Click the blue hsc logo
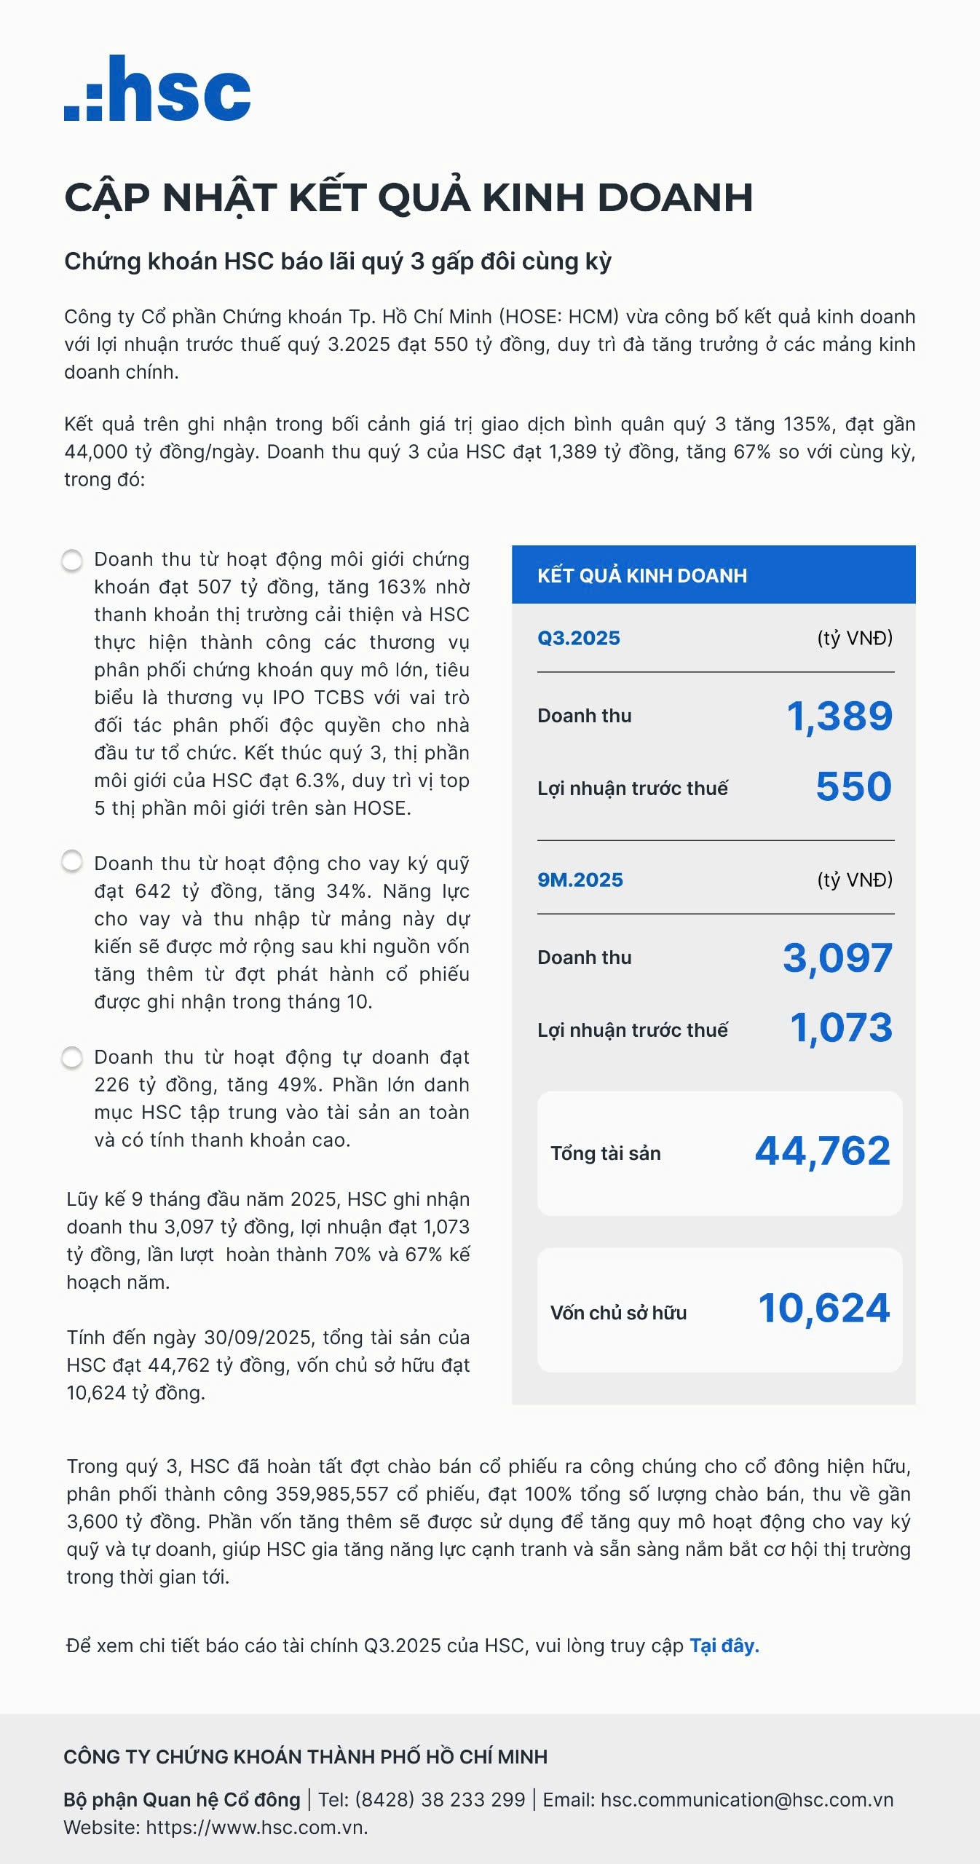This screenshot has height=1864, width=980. (x=157, y=89)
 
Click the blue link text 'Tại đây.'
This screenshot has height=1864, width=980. (x=724, y=1646)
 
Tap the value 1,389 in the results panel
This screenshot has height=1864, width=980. (x=839, y=716)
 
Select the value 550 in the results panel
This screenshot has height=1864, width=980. (x=853, y=786)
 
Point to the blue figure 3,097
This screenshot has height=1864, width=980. (x=837, y=957)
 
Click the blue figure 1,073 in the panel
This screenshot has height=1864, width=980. (x=841, y=1027)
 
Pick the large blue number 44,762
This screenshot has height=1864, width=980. (x=822, y=1151)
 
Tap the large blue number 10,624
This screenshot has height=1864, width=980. (x=823, y=1308)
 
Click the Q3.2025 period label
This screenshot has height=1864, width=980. (x=579, y=638)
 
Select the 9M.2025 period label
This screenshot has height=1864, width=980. (x=580, y=880)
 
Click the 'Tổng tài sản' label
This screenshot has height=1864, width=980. (x=605, y=1153)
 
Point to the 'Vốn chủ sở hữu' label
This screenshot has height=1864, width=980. (x=618, y=1313)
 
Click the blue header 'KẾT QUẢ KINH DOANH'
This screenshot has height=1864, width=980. (x=641, y=575)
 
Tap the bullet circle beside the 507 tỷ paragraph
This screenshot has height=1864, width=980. (x=72, y=561)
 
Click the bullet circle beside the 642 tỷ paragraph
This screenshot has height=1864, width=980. (x=72, y=861)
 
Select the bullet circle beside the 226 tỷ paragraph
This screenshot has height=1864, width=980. (x=72, y=1057)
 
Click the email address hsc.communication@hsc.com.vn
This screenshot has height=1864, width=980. (x=747, y=1799)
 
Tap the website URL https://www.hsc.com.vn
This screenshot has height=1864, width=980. (x=256, y=1827)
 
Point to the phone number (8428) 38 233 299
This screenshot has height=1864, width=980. (x=440, y=1799)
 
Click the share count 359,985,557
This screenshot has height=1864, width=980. (x=332, y=1494)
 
